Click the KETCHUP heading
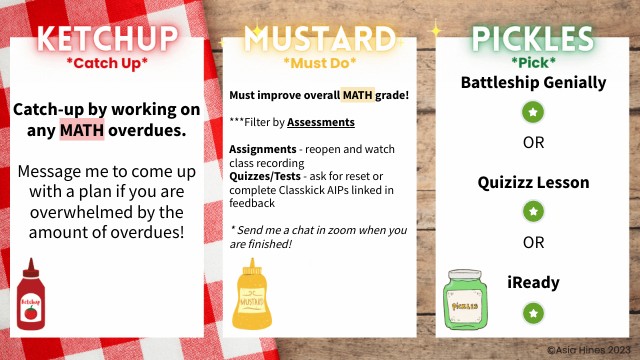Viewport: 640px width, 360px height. click(x=107, y=41)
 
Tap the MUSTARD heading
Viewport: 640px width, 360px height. click(x=320, y=41)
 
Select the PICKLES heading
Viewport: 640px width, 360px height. click(x=532, y=41)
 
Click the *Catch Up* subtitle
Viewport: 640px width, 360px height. click(x=107, y=65)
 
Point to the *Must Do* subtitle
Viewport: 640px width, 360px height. click(x=320, y=65)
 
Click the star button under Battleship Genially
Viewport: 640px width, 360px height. click(x=533, y=112)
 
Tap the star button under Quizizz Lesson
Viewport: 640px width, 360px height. click(x=533, y=211)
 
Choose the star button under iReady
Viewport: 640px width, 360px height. click(x=533, y=313)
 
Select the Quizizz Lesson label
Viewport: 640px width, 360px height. click(x=533, y=183)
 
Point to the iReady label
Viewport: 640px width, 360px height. click(x=533, y=283)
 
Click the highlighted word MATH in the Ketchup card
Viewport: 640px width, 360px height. click(x=81, y=130)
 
